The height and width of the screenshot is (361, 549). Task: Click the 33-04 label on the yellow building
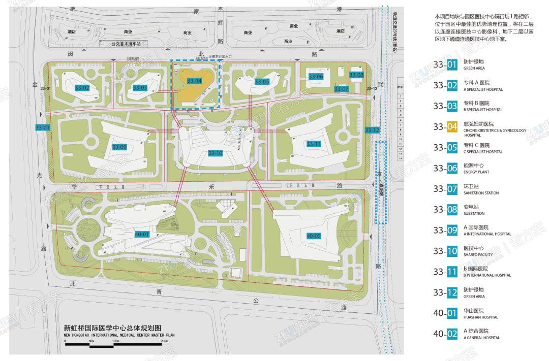click(x=194, y=81)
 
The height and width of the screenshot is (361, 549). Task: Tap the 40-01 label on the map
click(x=142, y=234)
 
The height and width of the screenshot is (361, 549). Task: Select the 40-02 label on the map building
click(x=314, y=236)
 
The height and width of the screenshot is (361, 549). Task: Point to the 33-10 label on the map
click(x=215, y=153)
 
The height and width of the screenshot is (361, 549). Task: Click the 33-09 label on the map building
click(x=119, y=147)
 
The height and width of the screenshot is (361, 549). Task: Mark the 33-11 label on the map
click(x=314, y=144)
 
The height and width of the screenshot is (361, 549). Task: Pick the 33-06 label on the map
click(x=316, y=76)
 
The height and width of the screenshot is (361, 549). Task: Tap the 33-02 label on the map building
click(x=82, y=88)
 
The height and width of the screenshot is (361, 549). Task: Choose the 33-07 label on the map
click(x=341, y=89)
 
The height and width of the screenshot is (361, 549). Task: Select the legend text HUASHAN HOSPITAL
click(x=480, y=317)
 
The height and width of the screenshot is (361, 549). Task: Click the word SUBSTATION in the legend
click(x=474, y=214)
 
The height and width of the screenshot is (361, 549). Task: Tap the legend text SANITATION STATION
click(x=481, y=193)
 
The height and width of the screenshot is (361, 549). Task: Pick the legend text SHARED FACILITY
click(x=478, y=255)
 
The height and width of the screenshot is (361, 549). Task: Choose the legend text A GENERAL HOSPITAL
click(x=481, y=338)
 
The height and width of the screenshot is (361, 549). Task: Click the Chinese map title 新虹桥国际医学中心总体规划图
click(x=112, y=328)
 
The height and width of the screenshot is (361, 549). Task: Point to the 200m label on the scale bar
click(x=165, y=341)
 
